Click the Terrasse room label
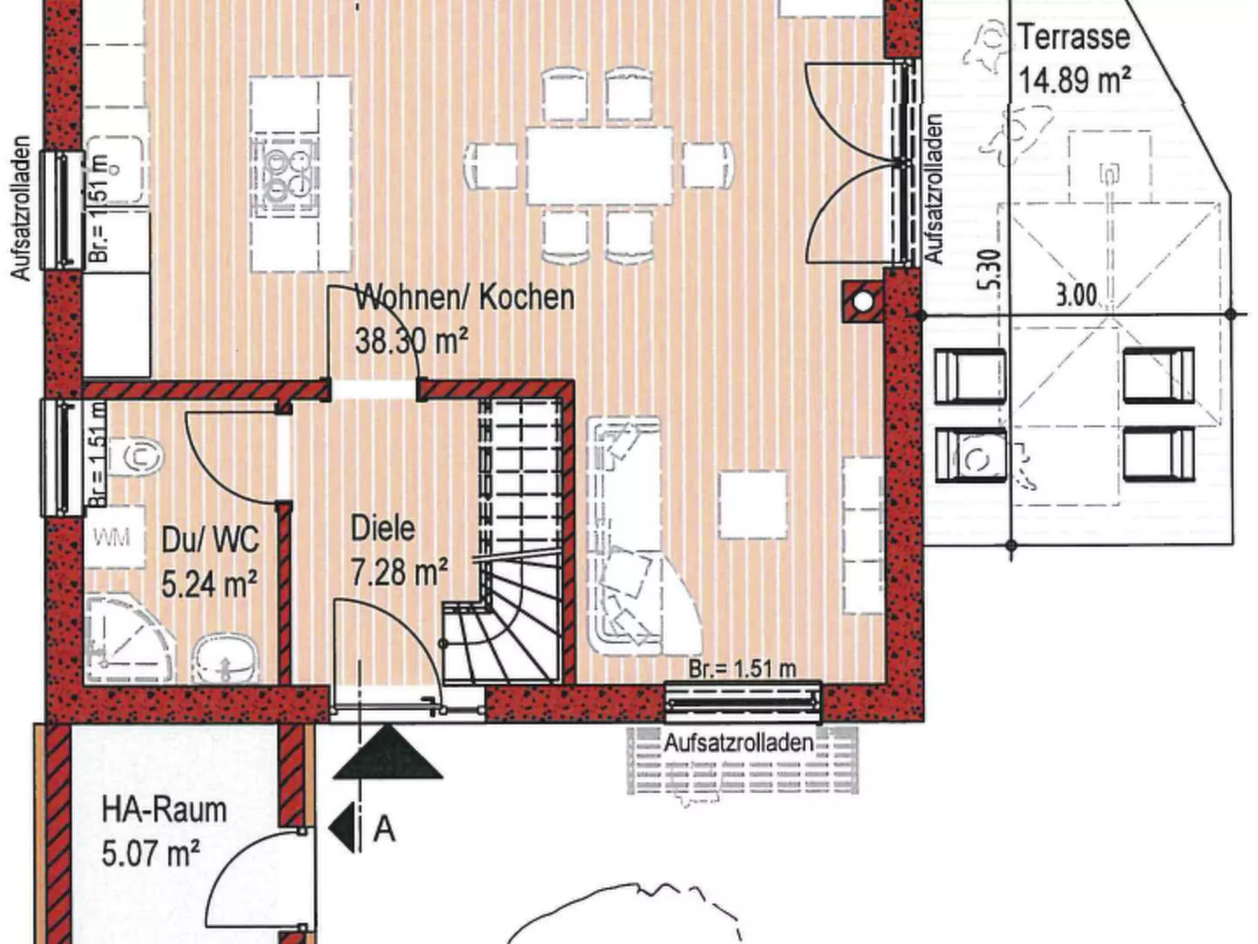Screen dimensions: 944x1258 tap(1073, 38)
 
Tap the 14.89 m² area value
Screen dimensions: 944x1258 tap(1073, 80)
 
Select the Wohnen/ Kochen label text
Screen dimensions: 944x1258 tap(465, 298)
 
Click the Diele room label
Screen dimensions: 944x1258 tap(382, 529)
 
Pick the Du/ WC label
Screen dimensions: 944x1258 tap(209, 541)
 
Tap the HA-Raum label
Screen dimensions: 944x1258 tap(164, 810)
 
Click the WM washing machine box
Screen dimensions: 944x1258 tap(111, 537)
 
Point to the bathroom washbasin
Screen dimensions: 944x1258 tap(226, 656)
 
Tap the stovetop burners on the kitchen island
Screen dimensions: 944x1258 tap(287, 175)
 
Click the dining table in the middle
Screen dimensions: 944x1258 tap(599, 165)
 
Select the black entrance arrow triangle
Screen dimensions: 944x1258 tap(387, 754)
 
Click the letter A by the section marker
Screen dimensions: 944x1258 tap(384, 828)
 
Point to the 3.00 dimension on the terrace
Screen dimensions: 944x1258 tap(1075, 295)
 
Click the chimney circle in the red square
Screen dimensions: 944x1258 tap(862, 302)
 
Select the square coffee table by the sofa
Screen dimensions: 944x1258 tap(752, 504)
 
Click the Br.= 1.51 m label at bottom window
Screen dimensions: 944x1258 tap(742, 668)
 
